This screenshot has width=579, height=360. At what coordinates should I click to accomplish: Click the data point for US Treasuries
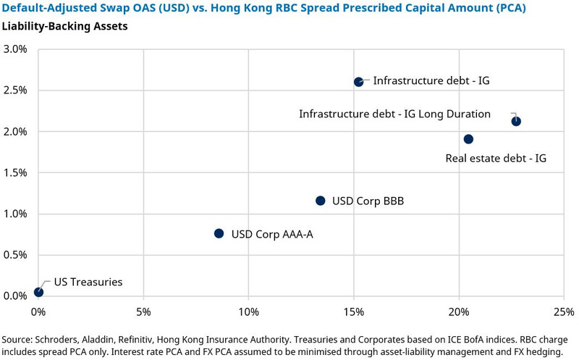(38, 292)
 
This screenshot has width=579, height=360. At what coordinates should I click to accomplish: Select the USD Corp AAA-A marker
(219, 233)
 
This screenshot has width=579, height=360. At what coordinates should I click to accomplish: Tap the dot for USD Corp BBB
(320, 201)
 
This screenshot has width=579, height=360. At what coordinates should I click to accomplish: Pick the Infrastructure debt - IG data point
(358, 82)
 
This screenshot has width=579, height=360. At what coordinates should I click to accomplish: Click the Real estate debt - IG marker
(468, 139)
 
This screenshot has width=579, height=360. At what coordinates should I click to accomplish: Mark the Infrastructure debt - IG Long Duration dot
(516, 121)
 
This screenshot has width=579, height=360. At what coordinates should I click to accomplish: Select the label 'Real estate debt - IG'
(496, 157)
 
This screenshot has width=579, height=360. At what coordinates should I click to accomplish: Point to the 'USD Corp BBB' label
(368, 201)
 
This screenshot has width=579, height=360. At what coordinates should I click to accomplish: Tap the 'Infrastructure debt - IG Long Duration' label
(395, 114)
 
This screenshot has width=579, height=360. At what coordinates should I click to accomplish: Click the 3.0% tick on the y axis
(15, 49)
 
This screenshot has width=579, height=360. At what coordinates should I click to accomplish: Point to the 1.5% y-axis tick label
(15, 172)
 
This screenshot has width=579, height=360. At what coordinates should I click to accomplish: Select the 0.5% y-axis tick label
(15, 255)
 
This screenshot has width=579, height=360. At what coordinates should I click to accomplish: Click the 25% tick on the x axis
(564, 311)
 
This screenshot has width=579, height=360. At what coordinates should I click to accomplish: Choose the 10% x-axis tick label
(248, 311)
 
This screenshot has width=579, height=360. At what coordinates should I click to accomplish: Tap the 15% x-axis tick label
(353, 311)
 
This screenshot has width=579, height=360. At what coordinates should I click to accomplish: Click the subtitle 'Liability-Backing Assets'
(64, 27)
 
